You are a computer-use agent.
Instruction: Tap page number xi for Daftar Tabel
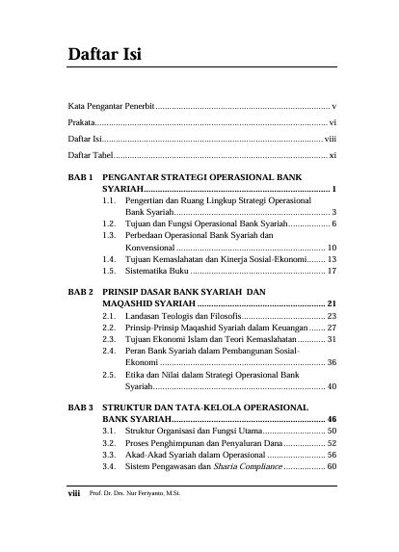click(332, 154)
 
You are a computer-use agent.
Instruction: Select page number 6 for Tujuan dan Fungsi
click(333, 222)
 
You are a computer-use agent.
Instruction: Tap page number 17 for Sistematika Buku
click(331, 272)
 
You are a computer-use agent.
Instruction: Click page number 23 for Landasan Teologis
click(331, 315)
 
